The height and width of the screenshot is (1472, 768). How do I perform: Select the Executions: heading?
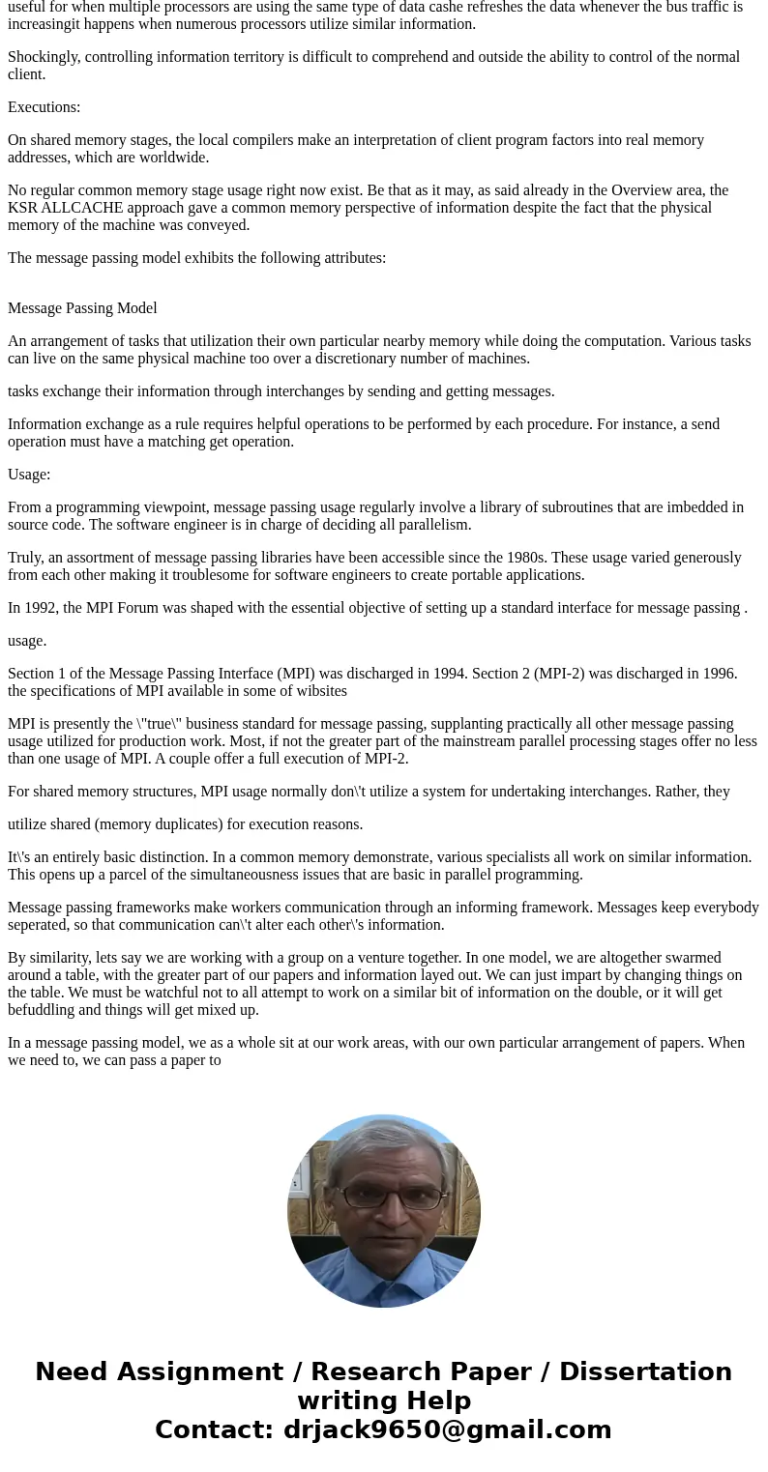(44, 107)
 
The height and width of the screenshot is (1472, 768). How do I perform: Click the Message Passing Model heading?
(82, 308)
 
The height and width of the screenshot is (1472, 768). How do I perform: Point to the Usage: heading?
(29, 475)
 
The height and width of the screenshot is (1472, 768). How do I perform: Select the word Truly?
(26, 558)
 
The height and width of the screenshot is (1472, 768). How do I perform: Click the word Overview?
(603, 190)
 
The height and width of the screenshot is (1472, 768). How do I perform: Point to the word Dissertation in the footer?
(645, 1371)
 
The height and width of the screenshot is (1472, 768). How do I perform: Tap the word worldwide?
(176, 158)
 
